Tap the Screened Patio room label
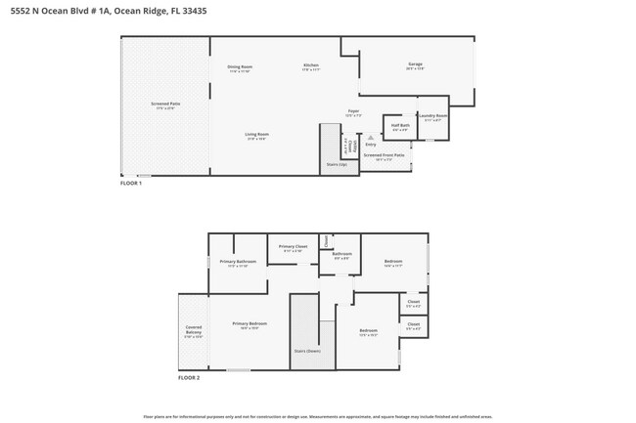pos(165,104)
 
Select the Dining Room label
pos(241,67)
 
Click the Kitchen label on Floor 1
pos(310,65)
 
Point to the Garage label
pos(415,65)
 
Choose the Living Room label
pos(256,134)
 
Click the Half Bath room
pos(400,126)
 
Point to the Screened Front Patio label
pos(385,155)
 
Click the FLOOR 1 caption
pos(131,183)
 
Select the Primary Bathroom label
pos(238,262)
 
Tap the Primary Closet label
pos(294,246)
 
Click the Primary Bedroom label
pos(250,323)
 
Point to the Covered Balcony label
pos(193,330)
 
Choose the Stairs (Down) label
pos(307,351)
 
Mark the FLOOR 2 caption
pos(189,377)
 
